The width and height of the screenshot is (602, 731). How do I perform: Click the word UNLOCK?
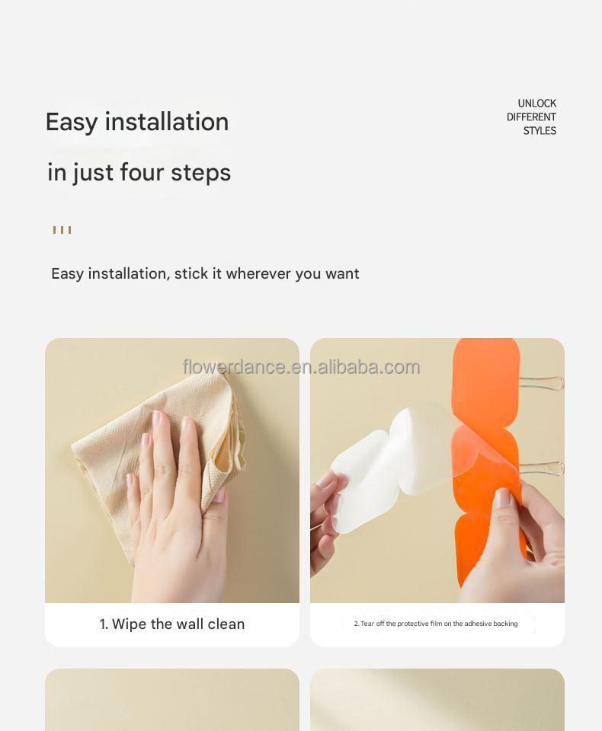(x=536, y=104)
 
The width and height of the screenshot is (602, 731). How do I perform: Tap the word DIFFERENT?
(x=531, y=117)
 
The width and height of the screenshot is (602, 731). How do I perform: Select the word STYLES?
(x=540, y=131)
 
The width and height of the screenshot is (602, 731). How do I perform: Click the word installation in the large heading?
(x=166, y=122)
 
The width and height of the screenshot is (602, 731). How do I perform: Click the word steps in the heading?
(x=200, y=173)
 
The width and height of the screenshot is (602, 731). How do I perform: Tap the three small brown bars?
(x=62, y=230)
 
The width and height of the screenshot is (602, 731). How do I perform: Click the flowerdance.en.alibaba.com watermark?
(x=301, y=367)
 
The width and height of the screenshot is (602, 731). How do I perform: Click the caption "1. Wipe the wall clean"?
(x=172, y=624)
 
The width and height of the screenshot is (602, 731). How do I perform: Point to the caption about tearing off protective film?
(x=436, y=624)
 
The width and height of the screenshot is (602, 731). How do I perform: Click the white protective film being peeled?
(x=381, y=472)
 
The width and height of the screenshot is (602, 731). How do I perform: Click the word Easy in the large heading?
(x=72, y=122)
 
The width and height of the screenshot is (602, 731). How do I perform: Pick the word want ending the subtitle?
(x=342, y=273)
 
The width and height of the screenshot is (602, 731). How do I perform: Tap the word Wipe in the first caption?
(x=130, y=624)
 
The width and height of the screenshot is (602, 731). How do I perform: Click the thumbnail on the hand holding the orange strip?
(x=502, y=500)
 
